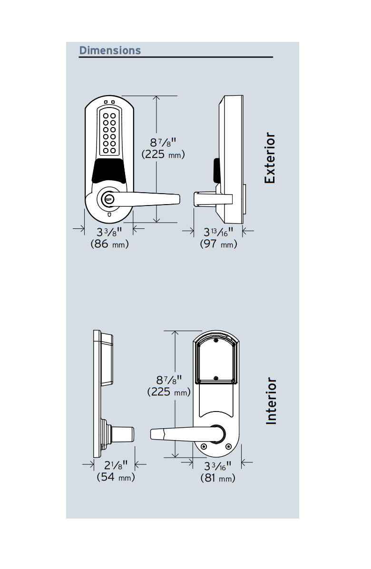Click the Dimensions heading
tap(110, 50)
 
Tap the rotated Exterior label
tap(270, 158)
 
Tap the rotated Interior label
tap(271, 401)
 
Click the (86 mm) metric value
tap(110, 245)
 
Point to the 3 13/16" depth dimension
tap(218, 232)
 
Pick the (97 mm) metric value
tap(218, 245)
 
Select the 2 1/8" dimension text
tap(116, 465)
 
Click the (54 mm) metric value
tap(116, 477)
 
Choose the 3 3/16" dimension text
tap(218, 466)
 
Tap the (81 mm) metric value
tap(218, 478)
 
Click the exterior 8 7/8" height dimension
tap(164, 142)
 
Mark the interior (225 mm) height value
tap(169, 392)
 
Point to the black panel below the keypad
tap(109, 171)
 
